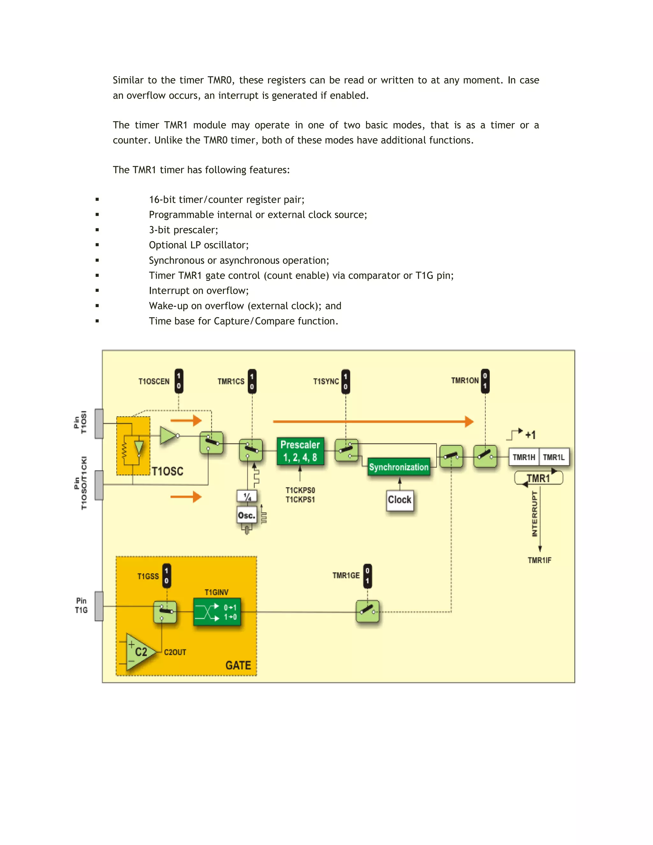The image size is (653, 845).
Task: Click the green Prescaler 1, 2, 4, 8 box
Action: [x=300, y=451]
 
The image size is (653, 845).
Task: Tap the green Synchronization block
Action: [x=399, y=467]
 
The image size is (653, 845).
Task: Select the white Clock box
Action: [x=400, y=500]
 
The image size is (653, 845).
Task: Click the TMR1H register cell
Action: [x=524, y=457]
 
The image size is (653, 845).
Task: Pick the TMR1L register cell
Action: [x=554, y=457]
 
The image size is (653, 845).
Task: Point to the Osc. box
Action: [x=246, y=515]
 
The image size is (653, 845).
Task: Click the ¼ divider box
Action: [x=247, y=496]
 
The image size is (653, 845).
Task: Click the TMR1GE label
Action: [x=346, y=575]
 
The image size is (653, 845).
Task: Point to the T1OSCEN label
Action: [x=154, y=381]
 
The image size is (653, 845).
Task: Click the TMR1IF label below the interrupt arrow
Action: [x=539, y=560]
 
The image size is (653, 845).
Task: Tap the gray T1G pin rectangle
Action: [x=99, y=606]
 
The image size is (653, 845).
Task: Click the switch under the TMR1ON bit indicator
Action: [x=485, y=456]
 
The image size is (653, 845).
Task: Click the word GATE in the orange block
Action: [x=238, y=665]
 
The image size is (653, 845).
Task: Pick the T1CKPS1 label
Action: [x=300, y=499]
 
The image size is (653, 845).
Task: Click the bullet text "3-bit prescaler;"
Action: [x=183, y=230]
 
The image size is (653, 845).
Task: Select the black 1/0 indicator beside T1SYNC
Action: [x=345, y=381]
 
